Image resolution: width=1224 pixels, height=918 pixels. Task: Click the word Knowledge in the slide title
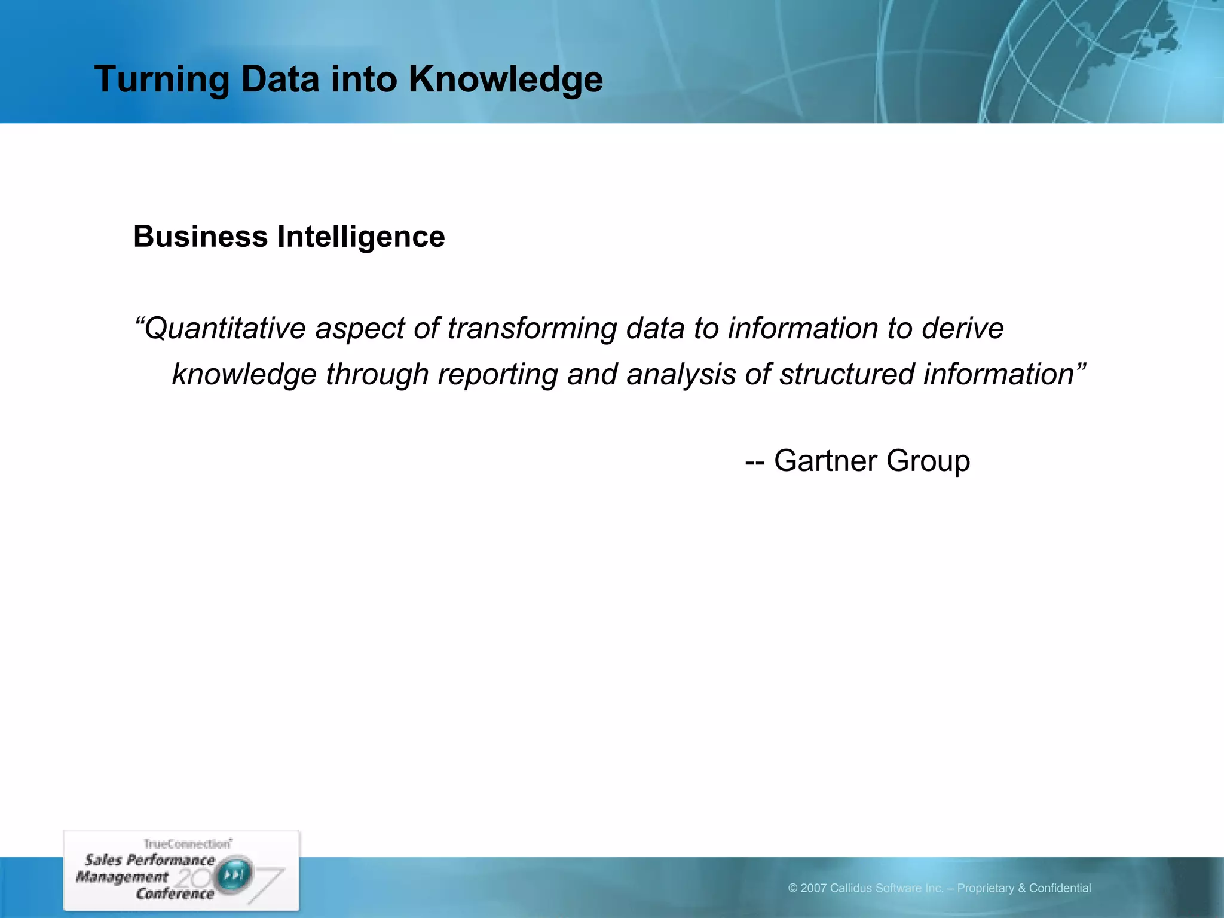pyautogui.click(x=506, y=79)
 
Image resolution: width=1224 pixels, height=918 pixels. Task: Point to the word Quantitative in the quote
pyautogui.click(x=225, y=329)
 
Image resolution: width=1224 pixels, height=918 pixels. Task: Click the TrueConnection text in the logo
pyautogui.click(x=187, y=844)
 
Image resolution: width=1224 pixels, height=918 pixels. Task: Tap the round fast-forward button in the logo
pyautogui.click(x=234, y=876)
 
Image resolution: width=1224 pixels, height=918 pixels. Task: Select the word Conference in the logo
pyautogui.click(x=175, y=894)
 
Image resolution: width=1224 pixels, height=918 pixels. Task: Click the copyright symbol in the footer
pyautogui.click(x=792, y=889)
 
